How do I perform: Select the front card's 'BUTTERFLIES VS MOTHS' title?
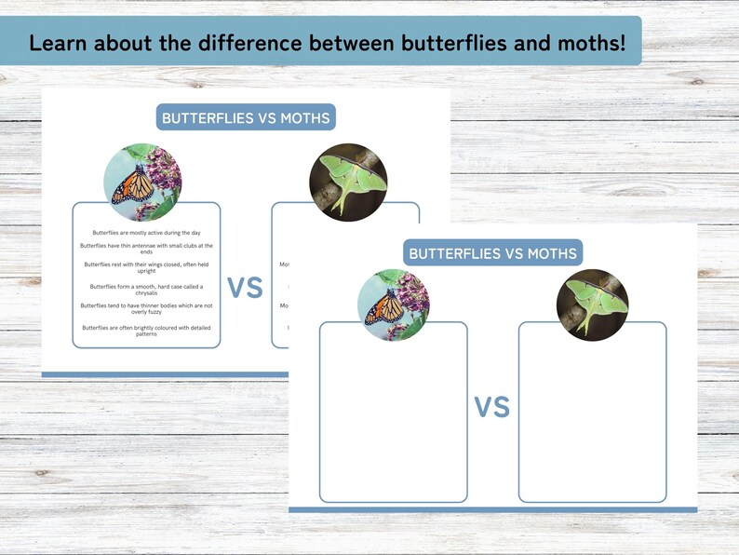pyautogui.click(x=493, y=253)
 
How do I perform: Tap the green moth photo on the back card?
pyautogui.click(x=348, y=183)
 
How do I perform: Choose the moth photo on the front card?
pyautogui.click(x=593, y=305)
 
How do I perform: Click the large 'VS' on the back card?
pyautogui.click(x=245, y=288)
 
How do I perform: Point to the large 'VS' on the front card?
pyautogui.click(x=492, y=407)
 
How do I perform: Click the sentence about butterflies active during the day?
pyautogui.click(x=147, y=232)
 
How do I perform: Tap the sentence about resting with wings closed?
pyautogui.click(x=147, y=267)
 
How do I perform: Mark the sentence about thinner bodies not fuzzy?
pyautogui.click(x=147, y=308)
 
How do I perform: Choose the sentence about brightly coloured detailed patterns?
pyautogui.click(x=147, y=330)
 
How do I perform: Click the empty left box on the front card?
pyautogui.click(x=393, y=419)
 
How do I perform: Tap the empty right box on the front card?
pyautogui.click(x=592, y=419)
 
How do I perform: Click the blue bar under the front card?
pyautogui.click(x=492, y=509)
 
